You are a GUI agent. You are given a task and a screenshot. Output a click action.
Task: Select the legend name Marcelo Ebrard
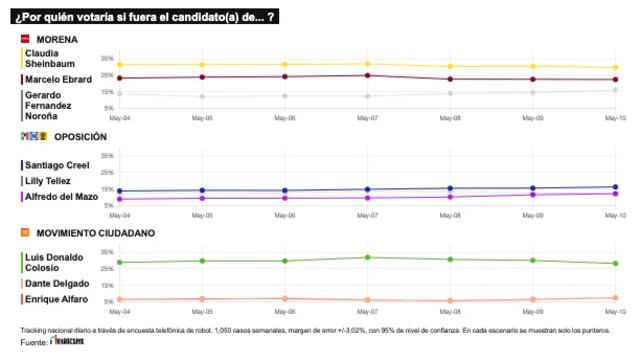52,79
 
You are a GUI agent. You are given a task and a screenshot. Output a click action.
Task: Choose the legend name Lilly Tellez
46,181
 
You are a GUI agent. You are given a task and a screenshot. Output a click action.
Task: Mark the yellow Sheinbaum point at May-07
368,64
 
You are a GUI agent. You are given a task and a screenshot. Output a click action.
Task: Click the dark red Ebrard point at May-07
368,75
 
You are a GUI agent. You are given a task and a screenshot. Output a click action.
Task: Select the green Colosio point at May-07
368,257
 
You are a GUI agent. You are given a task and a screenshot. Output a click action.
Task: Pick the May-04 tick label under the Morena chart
120,116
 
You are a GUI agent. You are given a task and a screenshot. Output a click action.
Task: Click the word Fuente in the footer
33,343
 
